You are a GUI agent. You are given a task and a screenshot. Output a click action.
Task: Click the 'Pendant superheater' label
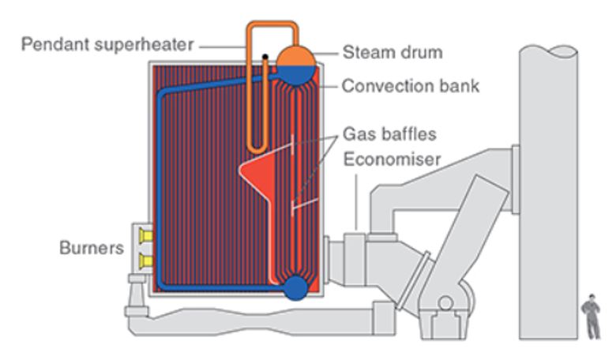(107, 44)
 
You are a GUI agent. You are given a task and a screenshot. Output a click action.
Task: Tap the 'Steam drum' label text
(393, 54)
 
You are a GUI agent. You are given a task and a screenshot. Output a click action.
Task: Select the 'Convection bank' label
(410, 85)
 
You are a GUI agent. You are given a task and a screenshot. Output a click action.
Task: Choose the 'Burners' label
(92, 248)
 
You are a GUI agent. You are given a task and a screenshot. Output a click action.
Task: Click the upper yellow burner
(145, 236)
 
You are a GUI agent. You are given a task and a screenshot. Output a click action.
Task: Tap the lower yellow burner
(145, 260)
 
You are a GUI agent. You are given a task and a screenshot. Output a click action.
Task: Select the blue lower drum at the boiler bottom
(296, 287)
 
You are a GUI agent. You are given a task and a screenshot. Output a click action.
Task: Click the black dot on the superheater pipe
(266, 56)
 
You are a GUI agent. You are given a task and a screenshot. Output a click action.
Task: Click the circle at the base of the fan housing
(445, 302)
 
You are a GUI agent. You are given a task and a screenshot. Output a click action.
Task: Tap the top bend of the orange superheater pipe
(272, 24)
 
